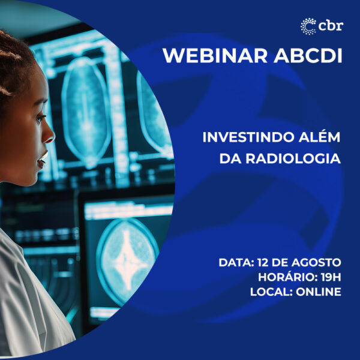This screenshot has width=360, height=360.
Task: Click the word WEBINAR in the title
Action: click(215, 56)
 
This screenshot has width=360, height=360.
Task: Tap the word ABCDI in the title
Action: click(308, 56)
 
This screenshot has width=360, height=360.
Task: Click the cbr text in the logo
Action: click(331, 25)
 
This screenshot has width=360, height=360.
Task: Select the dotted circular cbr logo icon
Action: click(308, 26)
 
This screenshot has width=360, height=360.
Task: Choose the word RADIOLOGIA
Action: click(293, 158)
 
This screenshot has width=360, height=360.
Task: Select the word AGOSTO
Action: click(316, 262)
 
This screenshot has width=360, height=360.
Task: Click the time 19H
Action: click(331, 277)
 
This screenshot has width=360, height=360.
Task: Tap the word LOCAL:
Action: click(271, 292)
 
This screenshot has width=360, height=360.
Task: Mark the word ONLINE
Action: click(319, 292)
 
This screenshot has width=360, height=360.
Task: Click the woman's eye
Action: click(41, 118)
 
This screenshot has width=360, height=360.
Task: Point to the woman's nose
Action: click(49, 136)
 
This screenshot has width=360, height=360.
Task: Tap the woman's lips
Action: click(43, 159)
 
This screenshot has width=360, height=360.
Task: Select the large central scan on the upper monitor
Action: click(86, 110)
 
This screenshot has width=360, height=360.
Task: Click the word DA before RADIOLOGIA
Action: click(230, 158)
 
